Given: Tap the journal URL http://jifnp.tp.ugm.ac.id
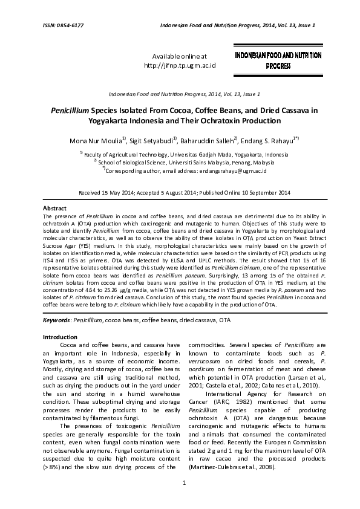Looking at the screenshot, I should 180,65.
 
